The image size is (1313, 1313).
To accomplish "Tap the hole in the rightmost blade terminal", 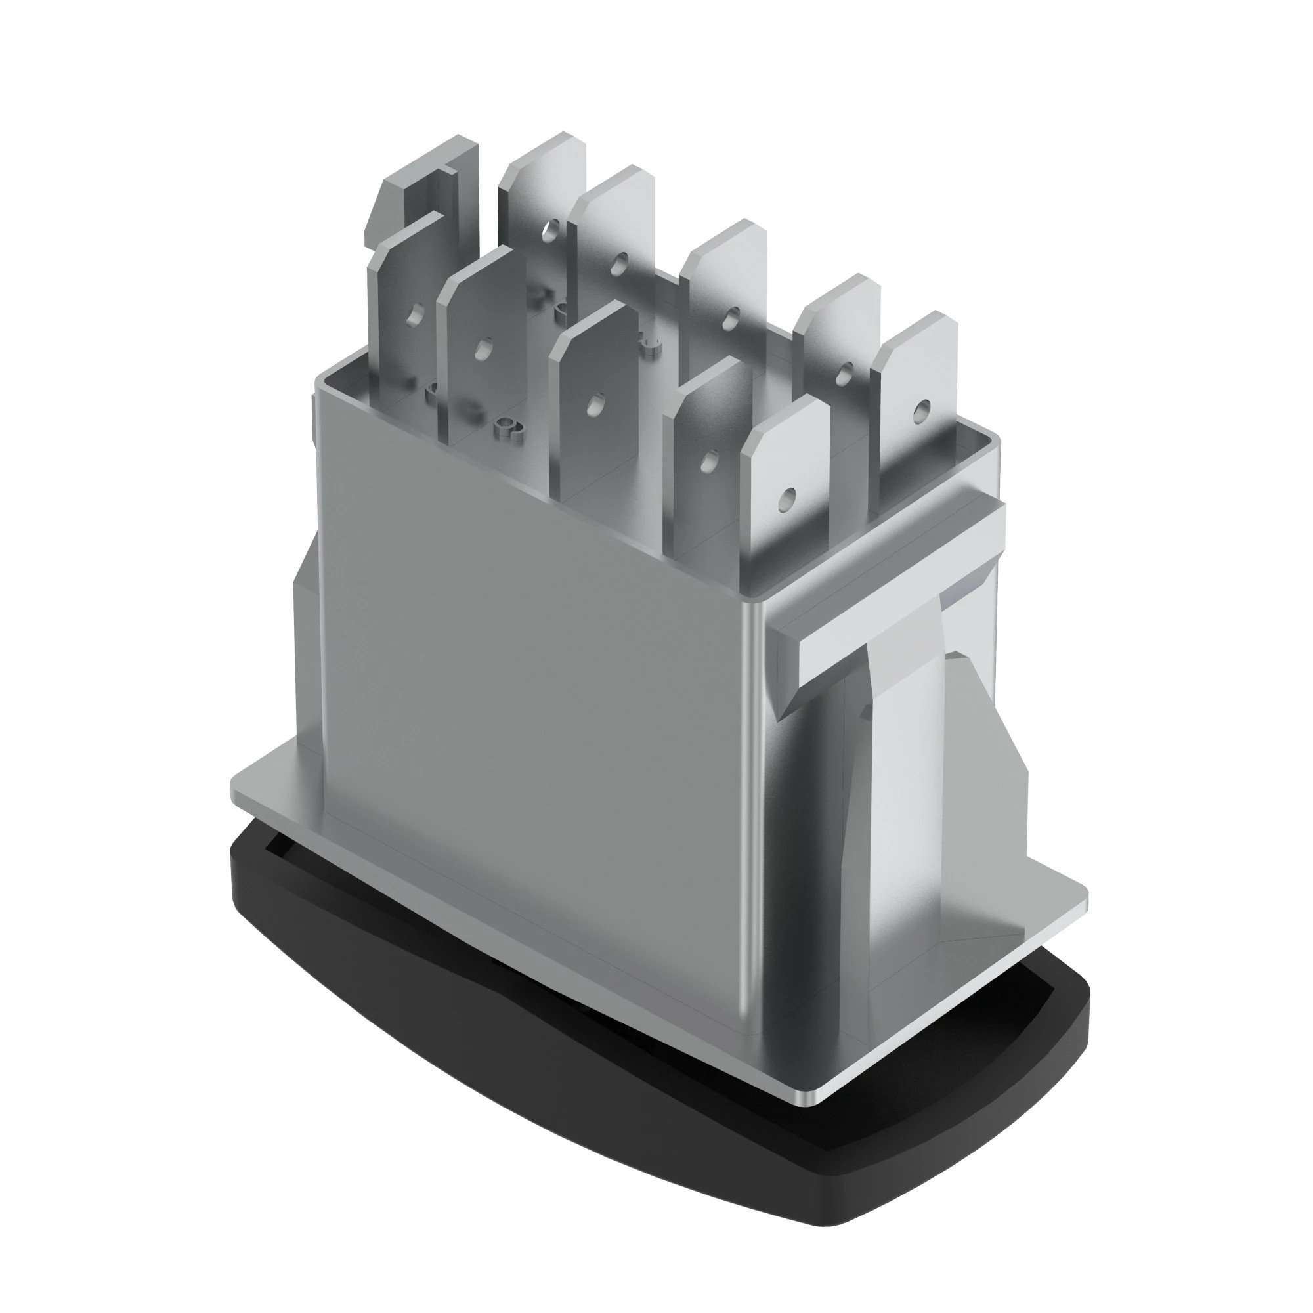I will (x=921, y=408).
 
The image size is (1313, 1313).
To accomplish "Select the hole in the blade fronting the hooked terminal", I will (x=413, y=314).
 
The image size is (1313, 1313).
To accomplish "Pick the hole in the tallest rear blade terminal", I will (x=549, y=232).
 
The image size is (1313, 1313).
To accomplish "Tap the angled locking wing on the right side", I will (x=985, y=748).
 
